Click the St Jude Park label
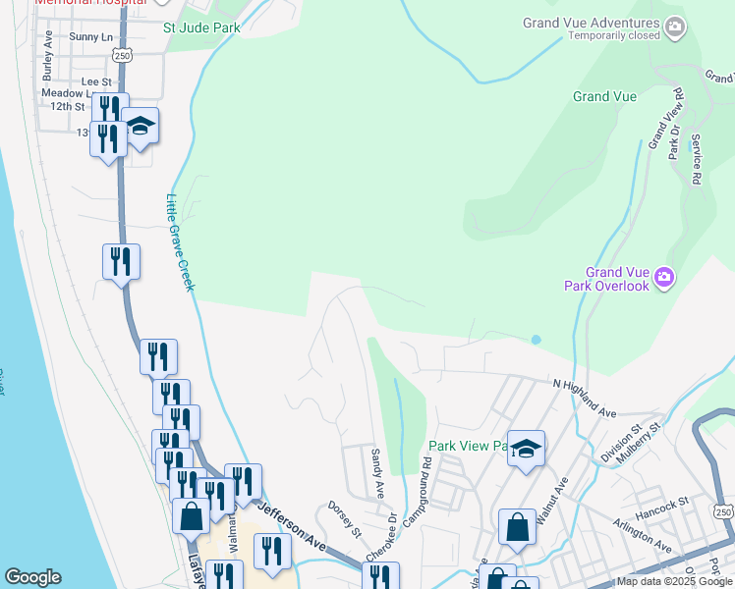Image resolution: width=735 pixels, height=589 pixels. point(201,28)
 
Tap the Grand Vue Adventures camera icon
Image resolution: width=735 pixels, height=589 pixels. point(674,28)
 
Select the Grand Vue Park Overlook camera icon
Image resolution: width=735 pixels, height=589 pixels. point(663,279)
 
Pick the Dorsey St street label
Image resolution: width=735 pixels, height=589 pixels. point(346,519)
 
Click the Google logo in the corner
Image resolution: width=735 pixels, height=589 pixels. point(32,577)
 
